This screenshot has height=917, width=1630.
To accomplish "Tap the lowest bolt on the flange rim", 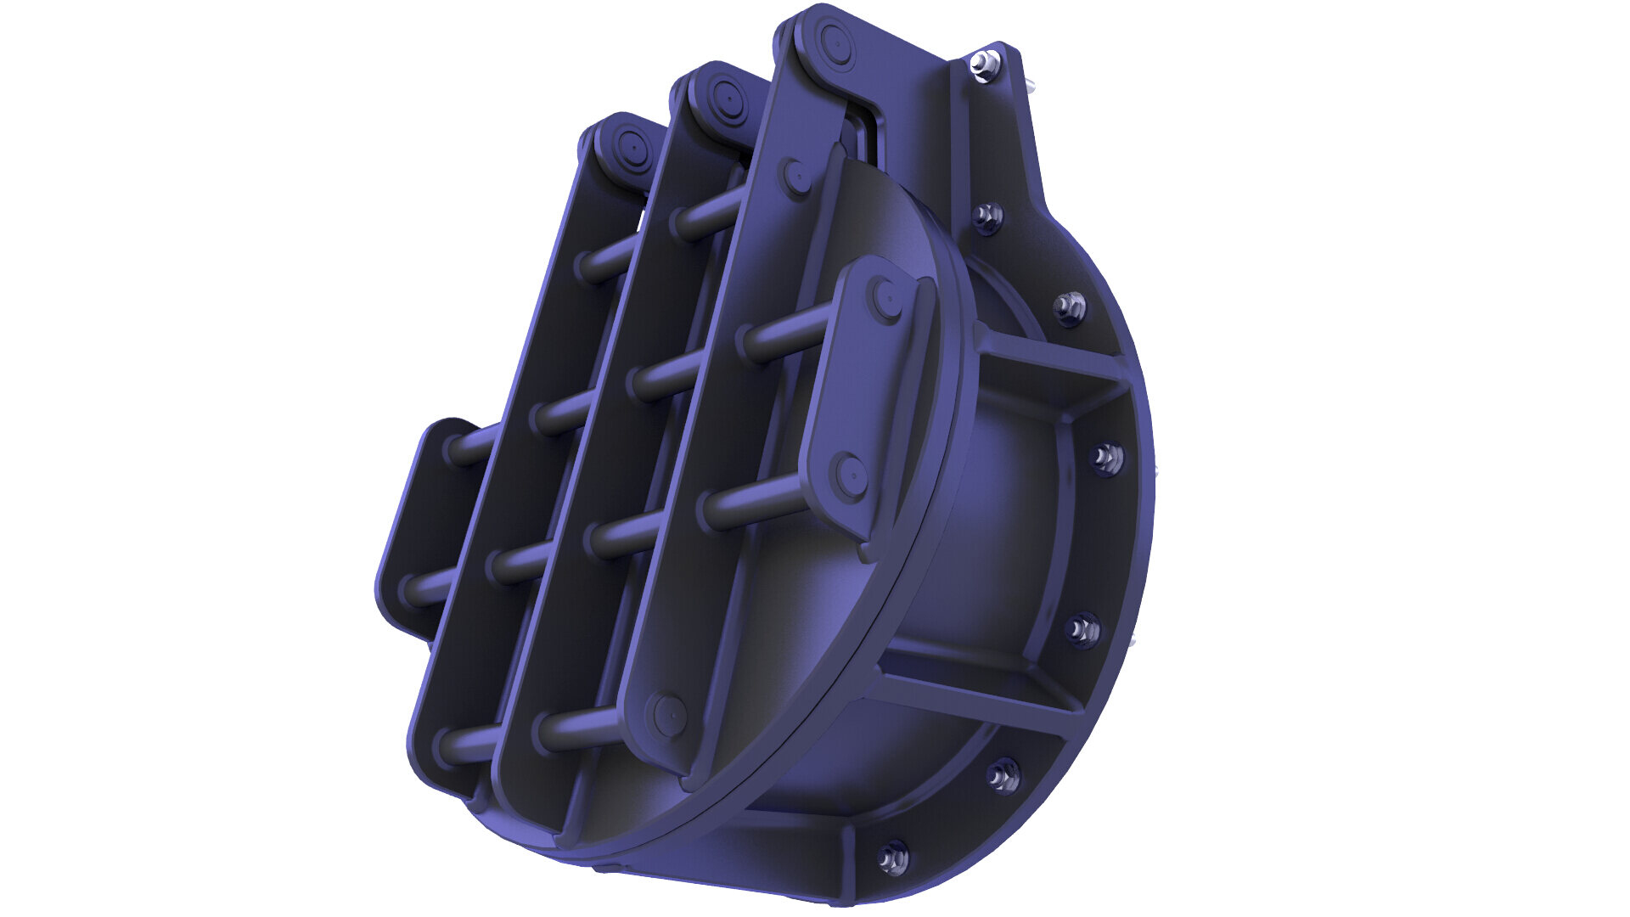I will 892,858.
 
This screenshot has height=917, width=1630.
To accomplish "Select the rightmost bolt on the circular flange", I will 1105,459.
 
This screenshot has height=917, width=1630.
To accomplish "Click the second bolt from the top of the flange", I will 986,217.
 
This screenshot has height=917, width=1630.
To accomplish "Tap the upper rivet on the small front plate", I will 888,298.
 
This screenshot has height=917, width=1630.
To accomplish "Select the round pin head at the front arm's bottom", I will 669,714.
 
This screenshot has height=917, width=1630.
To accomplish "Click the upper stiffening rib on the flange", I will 1053,357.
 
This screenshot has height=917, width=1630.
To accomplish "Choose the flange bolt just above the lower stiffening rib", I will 1082,630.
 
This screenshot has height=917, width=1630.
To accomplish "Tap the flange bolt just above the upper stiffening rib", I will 1070,307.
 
